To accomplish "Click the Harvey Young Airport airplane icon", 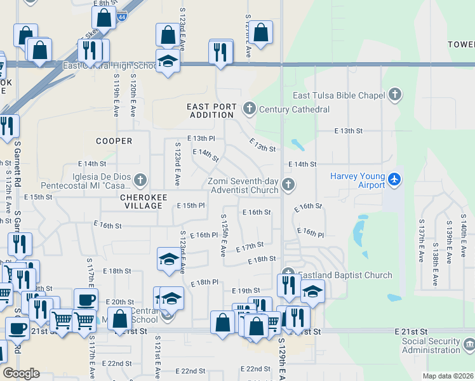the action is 395,178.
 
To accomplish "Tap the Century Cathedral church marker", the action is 249,109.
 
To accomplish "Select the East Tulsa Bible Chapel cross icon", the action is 395,95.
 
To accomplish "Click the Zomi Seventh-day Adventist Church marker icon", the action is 288,185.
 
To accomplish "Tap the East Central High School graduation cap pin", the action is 168,62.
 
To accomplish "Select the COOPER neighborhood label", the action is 114,141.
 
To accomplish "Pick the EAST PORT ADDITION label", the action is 211,110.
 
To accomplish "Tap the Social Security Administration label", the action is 431,345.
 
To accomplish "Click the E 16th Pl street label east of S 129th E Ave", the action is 310,233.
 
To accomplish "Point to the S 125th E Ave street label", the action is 224,235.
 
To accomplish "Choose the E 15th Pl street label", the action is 191,206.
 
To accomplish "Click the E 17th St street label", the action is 250,246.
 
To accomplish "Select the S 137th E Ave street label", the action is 420,241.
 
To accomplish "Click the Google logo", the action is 21,373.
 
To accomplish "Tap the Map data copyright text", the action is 447,376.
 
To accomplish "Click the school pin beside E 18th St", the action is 168,260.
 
